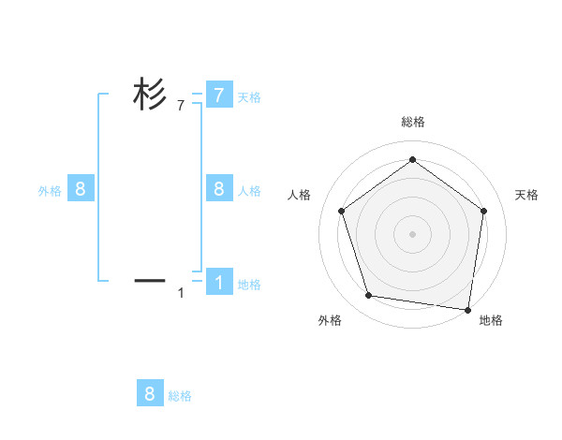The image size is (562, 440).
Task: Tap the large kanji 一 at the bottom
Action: click(149, 279)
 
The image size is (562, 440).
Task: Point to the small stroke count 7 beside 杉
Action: click(181, 107)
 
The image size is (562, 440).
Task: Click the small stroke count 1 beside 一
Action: click(181, 293)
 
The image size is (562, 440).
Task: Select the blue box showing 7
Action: click(219, 95)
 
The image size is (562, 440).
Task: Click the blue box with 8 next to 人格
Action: click(219, 189)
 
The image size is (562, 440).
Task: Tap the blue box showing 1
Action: click(219, 282)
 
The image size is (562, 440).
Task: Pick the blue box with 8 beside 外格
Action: click(81, 189)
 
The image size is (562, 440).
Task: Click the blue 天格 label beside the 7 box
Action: click(249, 96)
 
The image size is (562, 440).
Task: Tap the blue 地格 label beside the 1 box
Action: click(249, 285)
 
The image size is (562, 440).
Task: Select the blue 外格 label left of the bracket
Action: click(50, 191)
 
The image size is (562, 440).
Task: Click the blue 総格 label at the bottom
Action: click(180, 396)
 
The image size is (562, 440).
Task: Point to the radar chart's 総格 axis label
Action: click(412, 123)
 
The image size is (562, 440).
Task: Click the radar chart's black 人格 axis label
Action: click(300, 195)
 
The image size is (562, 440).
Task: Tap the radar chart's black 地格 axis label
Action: click(491, 321)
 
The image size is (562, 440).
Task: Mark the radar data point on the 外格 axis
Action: click(369, 296)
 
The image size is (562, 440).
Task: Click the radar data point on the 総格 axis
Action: click(412, 160)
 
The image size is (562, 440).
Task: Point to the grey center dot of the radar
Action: click(412, 234)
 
